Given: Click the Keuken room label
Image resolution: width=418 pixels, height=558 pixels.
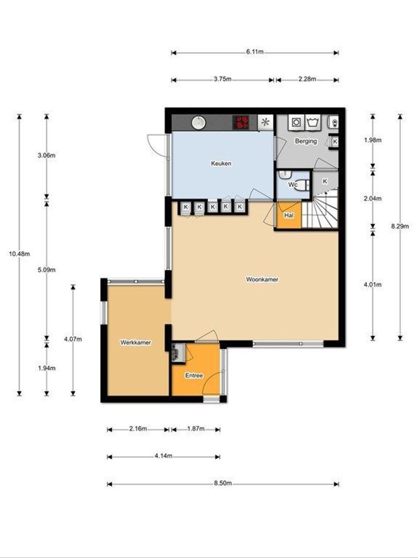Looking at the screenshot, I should click(221, 163).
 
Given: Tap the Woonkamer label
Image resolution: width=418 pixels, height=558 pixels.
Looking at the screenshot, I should click(262, 280).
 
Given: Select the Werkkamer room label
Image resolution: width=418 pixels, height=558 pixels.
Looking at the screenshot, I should click(135, 342).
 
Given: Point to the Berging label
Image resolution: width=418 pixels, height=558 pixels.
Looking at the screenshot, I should click(306, 141).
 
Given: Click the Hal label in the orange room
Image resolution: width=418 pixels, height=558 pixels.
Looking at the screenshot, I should click(288, 215).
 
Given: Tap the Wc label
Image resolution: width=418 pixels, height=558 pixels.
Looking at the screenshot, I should click(293, 184).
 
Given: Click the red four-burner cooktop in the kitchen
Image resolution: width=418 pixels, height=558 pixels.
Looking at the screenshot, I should click(242, 122).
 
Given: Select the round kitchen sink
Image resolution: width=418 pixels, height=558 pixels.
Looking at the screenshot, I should click(199, 122).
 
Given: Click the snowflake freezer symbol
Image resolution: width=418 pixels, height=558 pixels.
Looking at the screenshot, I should click(265, 122).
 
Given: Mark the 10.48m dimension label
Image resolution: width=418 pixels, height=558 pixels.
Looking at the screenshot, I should click(19, 253).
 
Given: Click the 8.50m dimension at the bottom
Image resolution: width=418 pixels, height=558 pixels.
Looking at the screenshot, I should click(223, 484).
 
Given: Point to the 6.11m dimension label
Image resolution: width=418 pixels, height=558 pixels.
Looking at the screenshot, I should click(255, 52).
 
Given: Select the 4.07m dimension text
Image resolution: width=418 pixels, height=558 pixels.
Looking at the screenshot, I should click(73, 339).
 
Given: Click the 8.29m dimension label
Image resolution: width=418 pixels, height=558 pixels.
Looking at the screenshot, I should click(399, 226).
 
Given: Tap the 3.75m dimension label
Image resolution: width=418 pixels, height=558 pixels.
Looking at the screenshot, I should click(222, 80).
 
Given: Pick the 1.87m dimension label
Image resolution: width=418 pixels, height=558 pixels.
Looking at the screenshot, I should click(196, 429).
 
